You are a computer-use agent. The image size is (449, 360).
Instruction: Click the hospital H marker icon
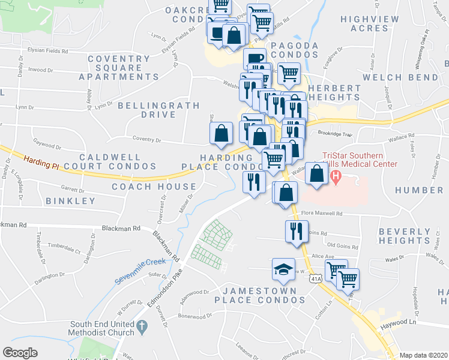(x=336, y=177)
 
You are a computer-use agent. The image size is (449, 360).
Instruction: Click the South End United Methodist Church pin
(x=142, y=328)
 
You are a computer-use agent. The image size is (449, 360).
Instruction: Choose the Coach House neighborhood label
(x=146, y=187)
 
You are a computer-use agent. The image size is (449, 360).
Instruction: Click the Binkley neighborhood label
(x=70, y=201)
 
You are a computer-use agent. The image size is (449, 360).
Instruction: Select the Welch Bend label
(x=409, y=77)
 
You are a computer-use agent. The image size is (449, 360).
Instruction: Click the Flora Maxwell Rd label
(x=321, y=213)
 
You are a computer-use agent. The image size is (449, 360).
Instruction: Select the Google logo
(x=20, y=353)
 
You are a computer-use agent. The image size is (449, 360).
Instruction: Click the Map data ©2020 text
(x=423, y=355)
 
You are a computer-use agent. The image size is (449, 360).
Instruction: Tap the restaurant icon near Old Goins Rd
(x=295, y=231)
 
